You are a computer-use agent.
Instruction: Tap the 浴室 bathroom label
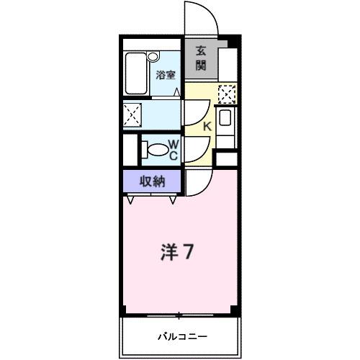(x=166, y=74)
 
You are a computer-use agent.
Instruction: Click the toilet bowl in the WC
(x=155, y=149)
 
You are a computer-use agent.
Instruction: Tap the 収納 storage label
(x=152, y=181)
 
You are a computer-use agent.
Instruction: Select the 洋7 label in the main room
(x=175, y=253)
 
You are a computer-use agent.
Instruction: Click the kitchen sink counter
(x=225, y=120)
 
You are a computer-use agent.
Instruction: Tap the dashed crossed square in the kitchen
(x=227, y=94)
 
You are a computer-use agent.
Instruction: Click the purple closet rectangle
(x=152, y=181)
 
